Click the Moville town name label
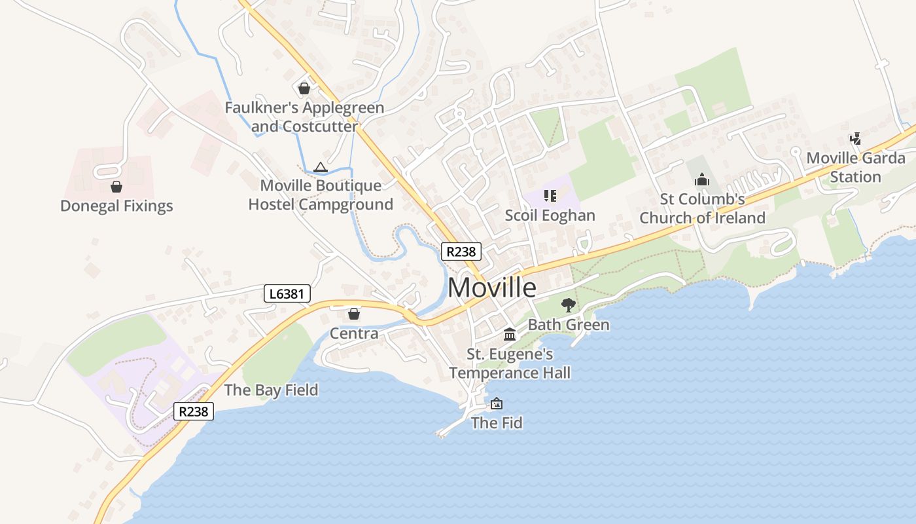click(x=492, y=288)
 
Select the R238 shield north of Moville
click(x=461, y=252)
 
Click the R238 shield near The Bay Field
click(x=194, y=411)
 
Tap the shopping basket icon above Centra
click(x=354, y=314)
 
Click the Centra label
click(x=354, y=333)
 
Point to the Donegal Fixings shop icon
click(x=116, y=187)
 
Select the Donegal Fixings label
click(x=116, y=206)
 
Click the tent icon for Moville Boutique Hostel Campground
click(x=320, y=168)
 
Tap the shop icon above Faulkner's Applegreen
click(x=304, y=88)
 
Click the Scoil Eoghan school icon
click(x=550, y=196)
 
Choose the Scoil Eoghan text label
click(x=550, y=215)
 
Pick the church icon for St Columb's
click(x=702, y=179)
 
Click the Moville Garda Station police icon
click(x=855, y=138)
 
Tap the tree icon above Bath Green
click(x=568, y=305)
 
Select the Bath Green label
click(x=568, y=324)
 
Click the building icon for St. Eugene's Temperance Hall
click(x=509, y=335)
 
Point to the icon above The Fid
click(x=497, y=403)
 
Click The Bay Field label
click(x=271, y=390)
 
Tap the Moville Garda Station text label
click(x=855, y=167)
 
